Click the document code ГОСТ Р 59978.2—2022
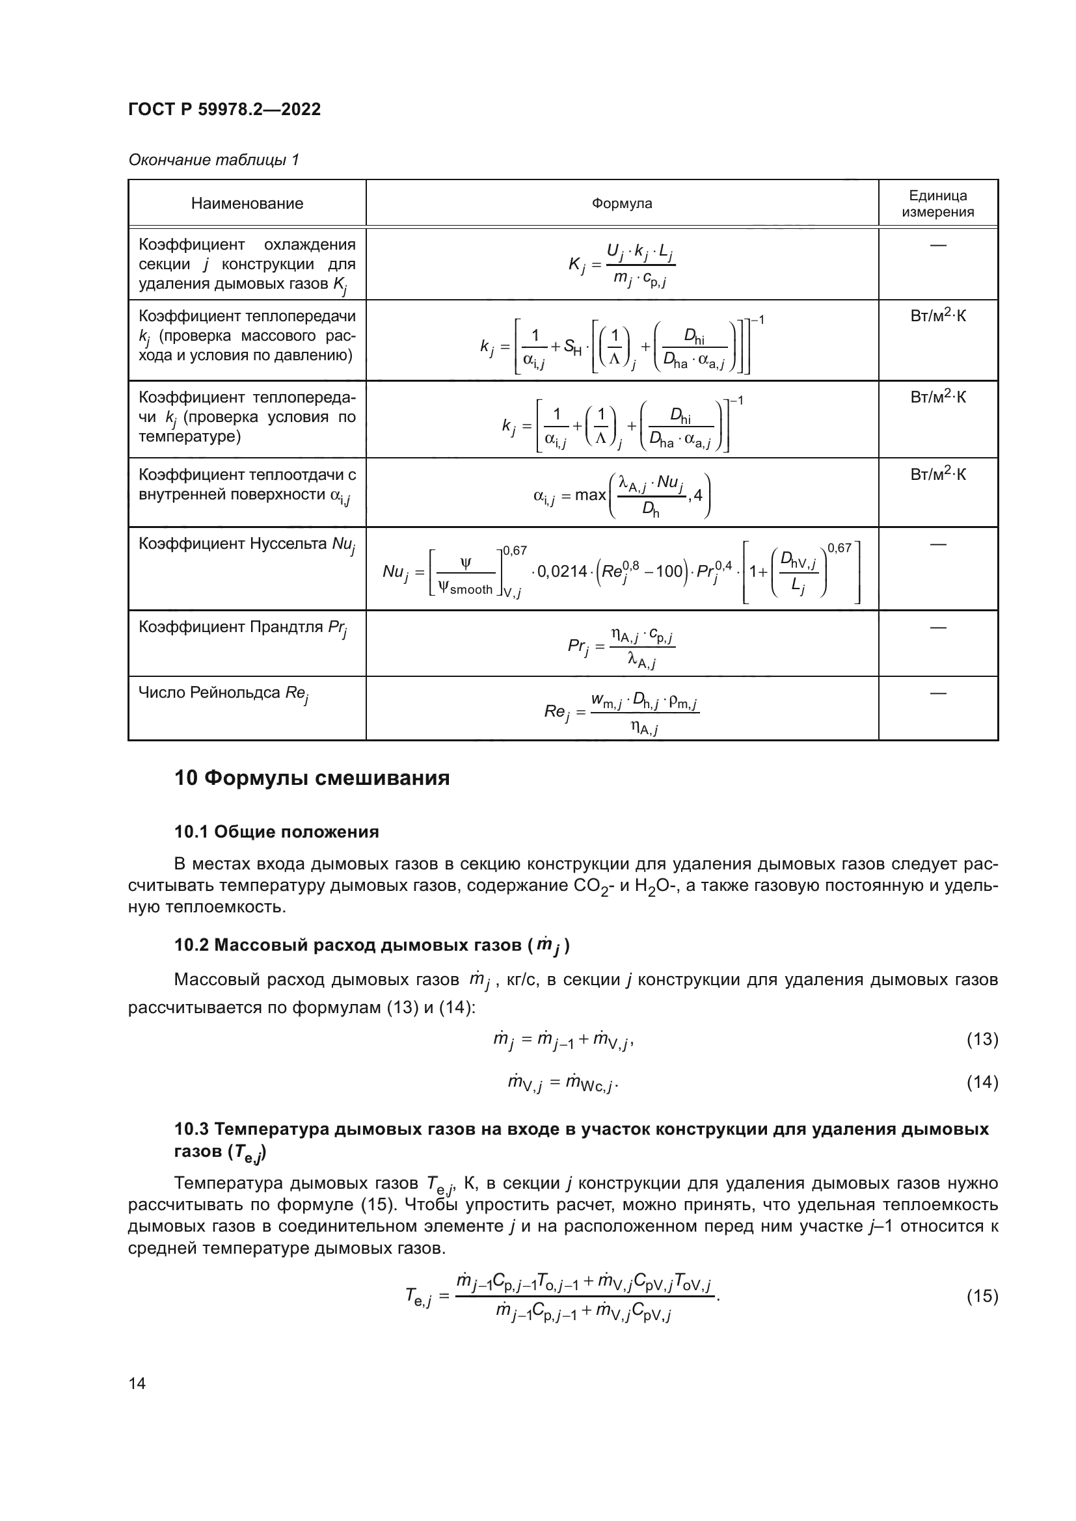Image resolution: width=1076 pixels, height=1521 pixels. point(224,109)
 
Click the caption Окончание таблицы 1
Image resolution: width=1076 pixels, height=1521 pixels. point(213,160)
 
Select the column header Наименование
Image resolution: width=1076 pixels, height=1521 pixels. point(247,204)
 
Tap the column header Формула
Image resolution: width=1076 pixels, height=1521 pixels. point(621,204)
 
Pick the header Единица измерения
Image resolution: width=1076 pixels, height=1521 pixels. point(937,204)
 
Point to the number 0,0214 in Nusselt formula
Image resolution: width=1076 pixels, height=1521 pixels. point(562,571)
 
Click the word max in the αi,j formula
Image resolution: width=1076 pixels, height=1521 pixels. point(590,495)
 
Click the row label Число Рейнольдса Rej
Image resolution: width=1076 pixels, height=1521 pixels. point(223,694)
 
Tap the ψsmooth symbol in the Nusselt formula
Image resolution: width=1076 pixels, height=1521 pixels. point(466,589)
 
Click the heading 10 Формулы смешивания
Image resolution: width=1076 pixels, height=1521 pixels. point(312,778)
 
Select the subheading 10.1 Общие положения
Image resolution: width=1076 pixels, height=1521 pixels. point(276,832)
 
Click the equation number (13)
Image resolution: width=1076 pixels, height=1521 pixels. point(982,1039)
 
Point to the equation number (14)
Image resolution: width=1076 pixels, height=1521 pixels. point(982,1083)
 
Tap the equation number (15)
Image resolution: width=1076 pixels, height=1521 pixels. point(982,1296)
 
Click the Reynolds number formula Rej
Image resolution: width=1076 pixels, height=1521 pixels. point(621,712)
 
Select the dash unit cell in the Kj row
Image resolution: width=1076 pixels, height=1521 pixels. point(937,246)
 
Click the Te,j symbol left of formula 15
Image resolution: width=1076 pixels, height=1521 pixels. point(418,1297)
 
